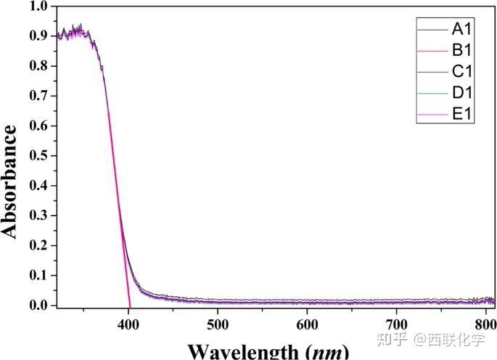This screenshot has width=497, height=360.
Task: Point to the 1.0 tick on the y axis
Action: pos(38,7)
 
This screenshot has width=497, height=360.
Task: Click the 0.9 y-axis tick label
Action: pos(38,36)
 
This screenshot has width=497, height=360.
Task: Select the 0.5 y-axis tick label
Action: pos(38,155)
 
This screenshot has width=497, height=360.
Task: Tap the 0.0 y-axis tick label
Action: pos(38,306)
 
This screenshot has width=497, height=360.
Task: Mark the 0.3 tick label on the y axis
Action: pos(38,216)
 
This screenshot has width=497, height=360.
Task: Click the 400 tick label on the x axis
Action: pos(128,322)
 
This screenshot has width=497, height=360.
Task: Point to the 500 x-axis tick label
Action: pos(217,322)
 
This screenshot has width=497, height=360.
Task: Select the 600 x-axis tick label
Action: pos(306,322)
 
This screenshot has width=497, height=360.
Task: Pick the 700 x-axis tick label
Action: pos(395,322)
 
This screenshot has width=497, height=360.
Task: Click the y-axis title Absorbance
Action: pos(10,181)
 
